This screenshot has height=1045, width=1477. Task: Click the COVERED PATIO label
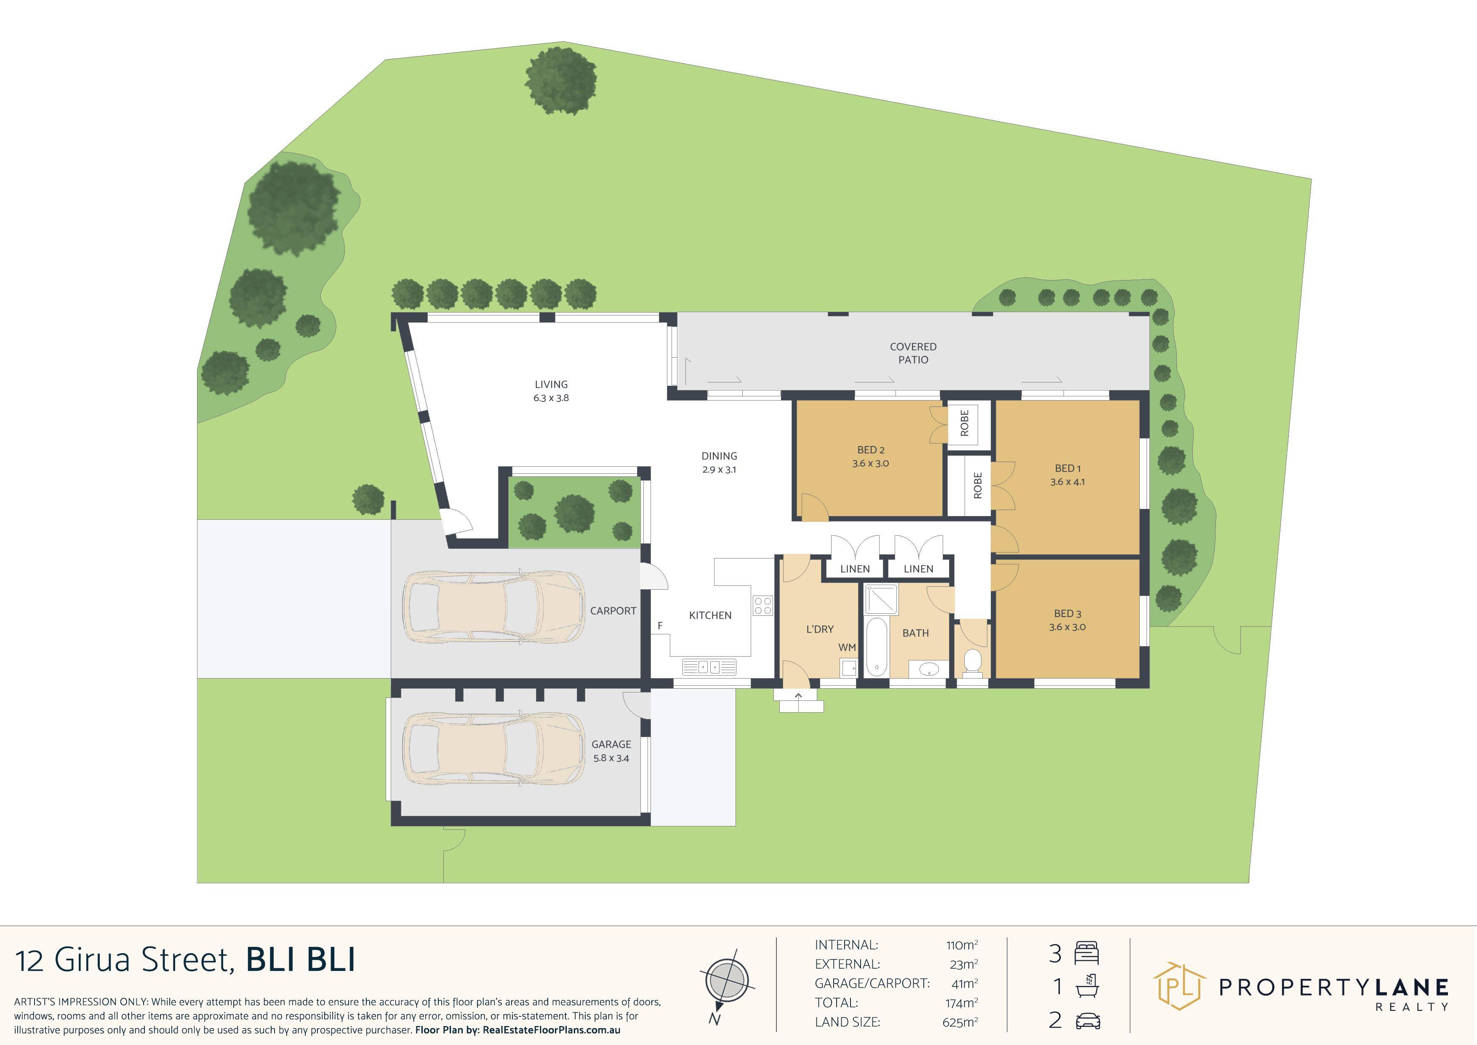(x=913, y=353)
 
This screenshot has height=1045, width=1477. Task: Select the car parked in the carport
(x=493, y=607)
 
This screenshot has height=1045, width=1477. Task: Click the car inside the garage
(x=493, y=748)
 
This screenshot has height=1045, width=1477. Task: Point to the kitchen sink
(x=709, y=667)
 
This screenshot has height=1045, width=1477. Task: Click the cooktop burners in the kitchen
(x=763, y=606)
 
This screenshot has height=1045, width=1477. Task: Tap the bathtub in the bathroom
(x=875, y=647)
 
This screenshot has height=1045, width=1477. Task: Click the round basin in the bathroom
(x=929, y=670)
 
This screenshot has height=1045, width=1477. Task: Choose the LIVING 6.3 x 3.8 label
(x=551, y=390)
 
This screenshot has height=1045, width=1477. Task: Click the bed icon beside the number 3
(x=1087, y=952)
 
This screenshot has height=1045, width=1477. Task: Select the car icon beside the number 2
(x=1087, y=1021)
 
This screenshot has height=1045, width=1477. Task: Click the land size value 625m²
(x=960, y=1022)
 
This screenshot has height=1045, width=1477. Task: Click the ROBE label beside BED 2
(x=964, y=423)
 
